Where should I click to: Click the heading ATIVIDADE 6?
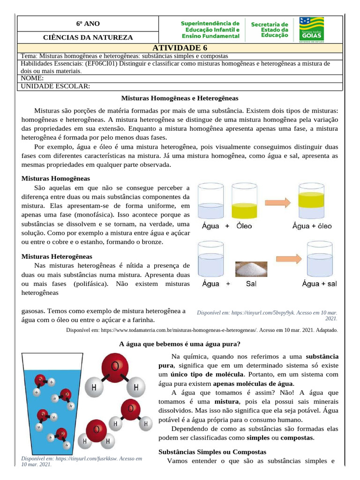point(180,48)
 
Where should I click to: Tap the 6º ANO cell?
point(88,24)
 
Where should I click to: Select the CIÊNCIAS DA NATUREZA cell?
point(88,37)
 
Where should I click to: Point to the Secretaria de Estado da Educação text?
point(270,29)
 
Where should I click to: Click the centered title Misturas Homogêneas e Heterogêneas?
point(180,98)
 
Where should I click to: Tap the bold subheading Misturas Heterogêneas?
point(57,256)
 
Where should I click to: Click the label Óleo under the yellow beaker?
point(244,226)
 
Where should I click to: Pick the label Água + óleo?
point(312,226)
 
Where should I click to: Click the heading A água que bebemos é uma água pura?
point(180,344)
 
